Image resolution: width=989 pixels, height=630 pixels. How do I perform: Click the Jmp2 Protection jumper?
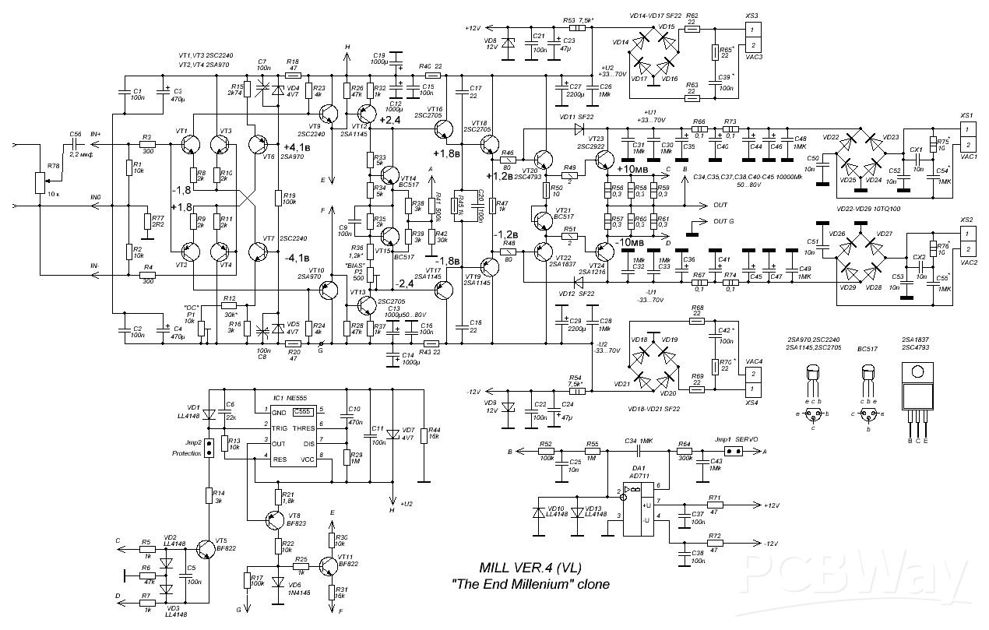click(x=209, y=452)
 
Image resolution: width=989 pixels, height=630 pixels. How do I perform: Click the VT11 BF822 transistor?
click(x=329, y=565)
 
